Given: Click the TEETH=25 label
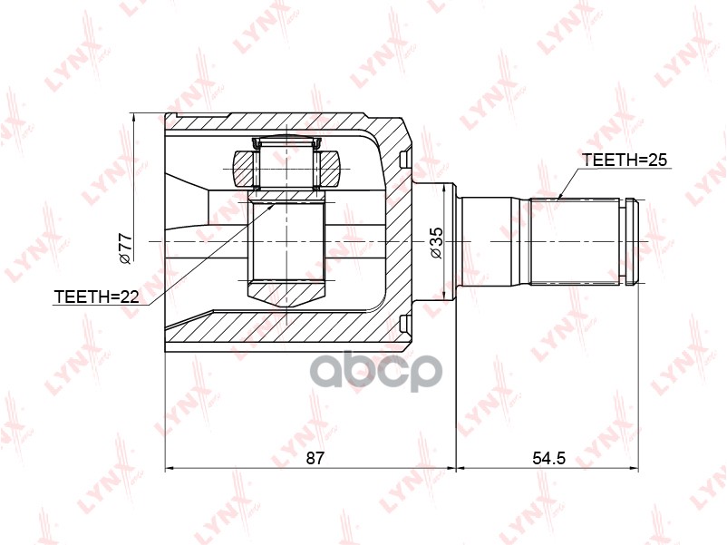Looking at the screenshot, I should tap(624, 161).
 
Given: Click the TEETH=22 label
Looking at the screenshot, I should tap(96, 297).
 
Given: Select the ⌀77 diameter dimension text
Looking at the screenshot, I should tap(126, 248).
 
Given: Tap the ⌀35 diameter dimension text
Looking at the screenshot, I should tap(436, 243).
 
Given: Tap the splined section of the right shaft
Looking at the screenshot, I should tap(573, 241).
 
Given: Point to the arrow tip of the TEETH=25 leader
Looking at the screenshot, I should tap(559, 198).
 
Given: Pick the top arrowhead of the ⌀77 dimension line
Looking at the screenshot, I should tap(133, 116).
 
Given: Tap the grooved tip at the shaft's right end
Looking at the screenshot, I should tap(629, 241).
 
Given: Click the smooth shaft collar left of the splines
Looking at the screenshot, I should tap(490, 241).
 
